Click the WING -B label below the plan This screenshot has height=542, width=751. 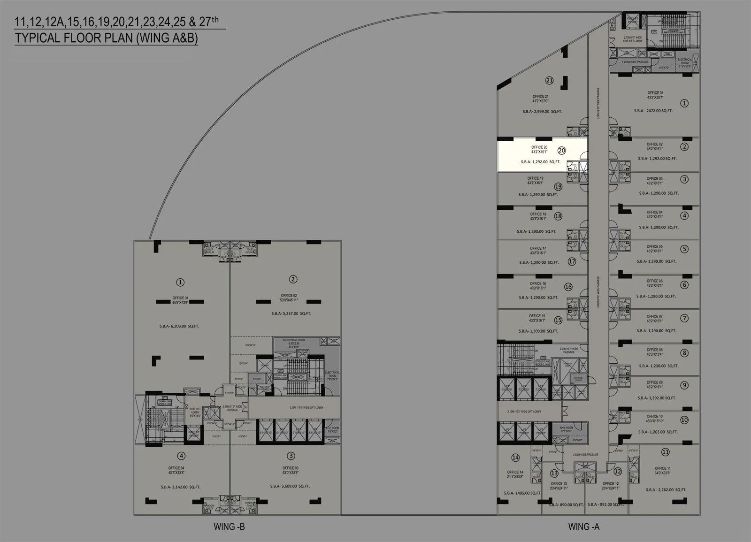(x=229, y=527)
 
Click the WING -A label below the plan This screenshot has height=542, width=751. (x=583, y=527)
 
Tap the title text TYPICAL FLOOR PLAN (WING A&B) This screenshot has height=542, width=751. (x=106, y=38)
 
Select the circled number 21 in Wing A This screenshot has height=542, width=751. (x=549, y=80)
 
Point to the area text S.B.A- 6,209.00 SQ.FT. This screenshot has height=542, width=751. (x=179, y=326)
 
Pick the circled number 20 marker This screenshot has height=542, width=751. (x=561, y=151)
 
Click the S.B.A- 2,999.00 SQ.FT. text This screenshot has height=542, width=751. (x=542, y=112)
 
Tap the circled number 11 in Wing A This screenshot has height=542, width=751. (x=665, y=452)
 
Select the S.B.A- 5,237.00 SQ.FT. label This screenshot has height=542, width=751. (x=291, y=313)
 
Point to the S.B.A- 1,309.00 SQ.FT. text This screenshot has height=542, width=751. (x=538, y=331)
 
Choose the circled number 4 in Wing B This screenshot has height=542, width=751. (x=181, y=456)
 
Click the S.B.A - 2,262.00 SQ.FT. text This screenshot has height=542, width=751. (x=666, y=490)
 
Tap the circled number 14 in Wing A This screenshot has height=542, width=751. (x=515, y=458)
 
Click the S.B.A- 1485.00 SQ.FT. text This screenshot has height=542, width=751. (x=522, y=493)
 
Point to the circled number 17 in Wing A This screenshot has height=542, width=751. (x=572, y=261)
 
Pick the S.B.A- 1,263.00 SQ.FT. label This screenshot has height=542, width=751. (x=657, y=432)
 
